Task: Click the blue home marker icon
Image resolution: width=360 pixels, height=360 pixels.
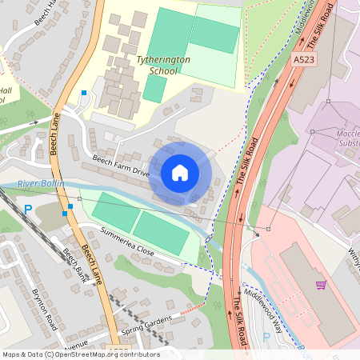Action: [x=180, y=172]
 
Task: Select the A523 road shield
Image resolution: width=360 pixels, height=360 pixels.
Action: [x=303, y=59]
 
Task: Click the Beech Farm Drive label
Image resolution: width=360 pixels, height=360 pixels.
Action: [x=120, y=166]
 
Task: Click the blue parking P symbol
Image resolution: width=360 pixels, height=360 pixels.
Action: [x=28, y=210]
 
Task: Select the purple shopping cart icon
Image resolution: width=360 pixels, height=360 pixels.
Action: [x=321, y=284]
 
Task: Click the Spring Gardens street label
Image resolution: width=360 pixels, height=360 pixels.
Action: [x=146, y=325]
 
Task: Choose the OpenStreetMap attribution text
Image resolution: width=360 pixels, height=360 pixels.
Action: [x=80, y=354]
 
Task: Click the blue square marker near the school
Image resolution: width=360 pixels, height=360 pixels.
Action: [x=84, y=94]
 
